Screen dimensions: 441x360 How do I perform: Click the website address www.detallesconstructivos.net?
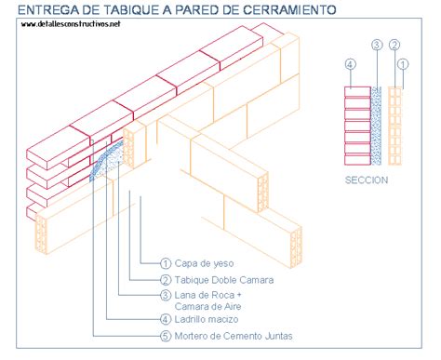(71, 24)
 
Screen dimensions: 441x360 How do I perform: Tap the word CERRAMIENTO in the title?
(289, 9)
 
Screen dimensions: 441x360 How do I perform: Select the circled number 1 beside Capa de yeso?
(166, 263)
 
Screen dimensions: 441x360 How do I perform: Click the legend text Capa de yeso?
(204, 263)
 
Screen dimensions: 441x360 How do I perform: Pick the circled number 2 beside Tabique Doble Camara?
(166, 280)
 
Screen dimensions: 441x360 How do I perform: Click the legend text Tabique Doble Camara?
(224, 280)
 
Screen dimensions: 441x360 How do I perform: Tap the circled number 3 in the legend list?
(166, 295)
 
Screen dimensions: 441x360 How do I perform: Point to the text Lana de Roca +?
(207, 295)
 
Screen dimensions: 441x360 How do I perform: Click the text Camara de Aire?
(207, 306)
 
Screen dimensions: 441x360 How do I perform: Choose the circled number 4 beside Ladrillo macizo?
(166, 319)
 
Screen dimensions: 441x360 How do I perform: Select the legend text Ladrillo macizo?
(207, 319)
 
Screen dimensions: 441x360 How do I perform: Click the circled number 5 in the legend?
(166, 336)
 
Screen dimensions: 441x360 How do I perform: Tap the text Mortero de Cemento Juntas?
(234, 336)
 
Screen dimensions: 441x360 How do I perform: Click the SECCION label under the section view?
(367, 180)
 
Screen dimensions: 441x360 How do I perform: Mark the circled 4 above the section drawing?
(350, 64)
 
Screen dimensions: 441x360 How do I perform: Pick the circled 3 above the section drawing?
(377, 46)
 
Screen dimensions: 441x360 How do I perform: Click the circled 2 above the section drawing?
(394, 46)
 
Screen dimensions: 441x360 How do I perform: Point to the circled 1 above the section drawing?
(403, 64)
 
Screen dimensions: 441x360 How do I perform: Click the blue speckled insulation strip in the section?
(376, 126)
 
